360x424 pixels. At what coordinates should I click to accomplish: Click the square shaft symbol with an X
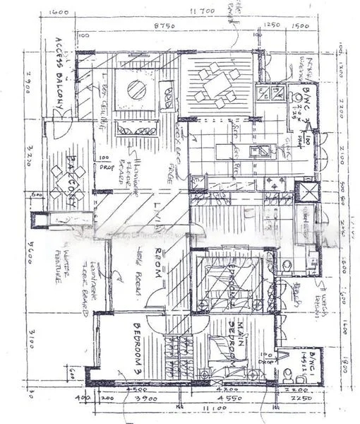point(306,192)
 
